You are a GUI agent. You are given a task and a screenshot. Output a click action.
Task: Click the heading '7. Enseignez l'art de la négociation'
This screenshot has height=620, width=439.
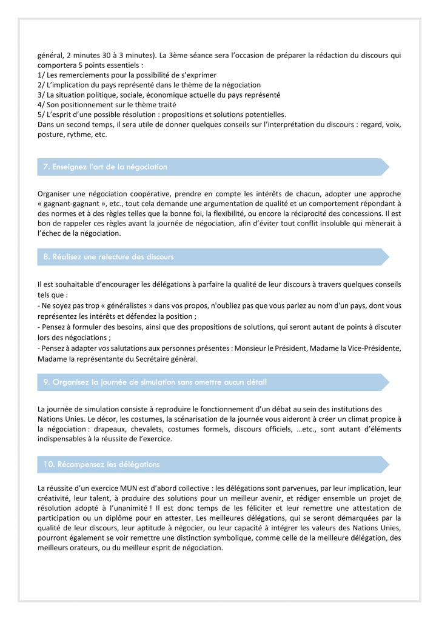pos(105,167)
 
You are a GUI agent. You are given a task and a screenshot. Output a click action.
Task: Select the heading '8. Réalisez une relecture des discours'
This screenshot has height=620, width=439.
pos(109,257)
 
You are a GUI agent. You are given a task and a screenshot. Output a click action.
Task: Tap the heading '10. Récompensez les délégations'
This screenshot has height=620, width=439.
pos(101,465)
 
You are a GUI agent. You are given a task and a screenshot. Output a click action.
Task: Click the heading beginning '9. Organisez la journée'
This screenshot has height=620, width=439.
pos(155,382)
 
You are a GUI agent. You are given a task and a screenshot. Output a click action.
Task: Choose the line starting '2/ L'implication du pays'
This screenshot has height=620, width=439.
pos(149,85)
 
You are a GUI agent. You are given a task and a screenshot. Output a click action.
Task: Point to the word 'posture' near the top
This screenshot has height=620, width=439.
pos(50,135)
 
